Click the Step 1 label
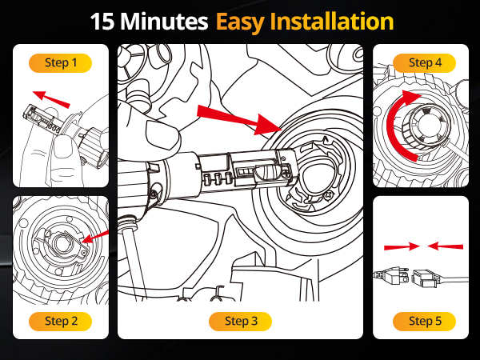click(x=60, y=62)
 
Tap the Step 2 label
click(x=60, y=321)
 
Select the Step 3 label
click(x=241, y=321)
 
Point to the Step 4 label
click(x=420, y=62)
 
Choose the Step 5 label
click(x=420, y=321)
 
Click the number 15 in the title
click(x=105, y=21)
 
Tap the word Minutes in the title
click(x=167, y=21)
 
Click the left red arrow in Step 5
click(x=398, y=246)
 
